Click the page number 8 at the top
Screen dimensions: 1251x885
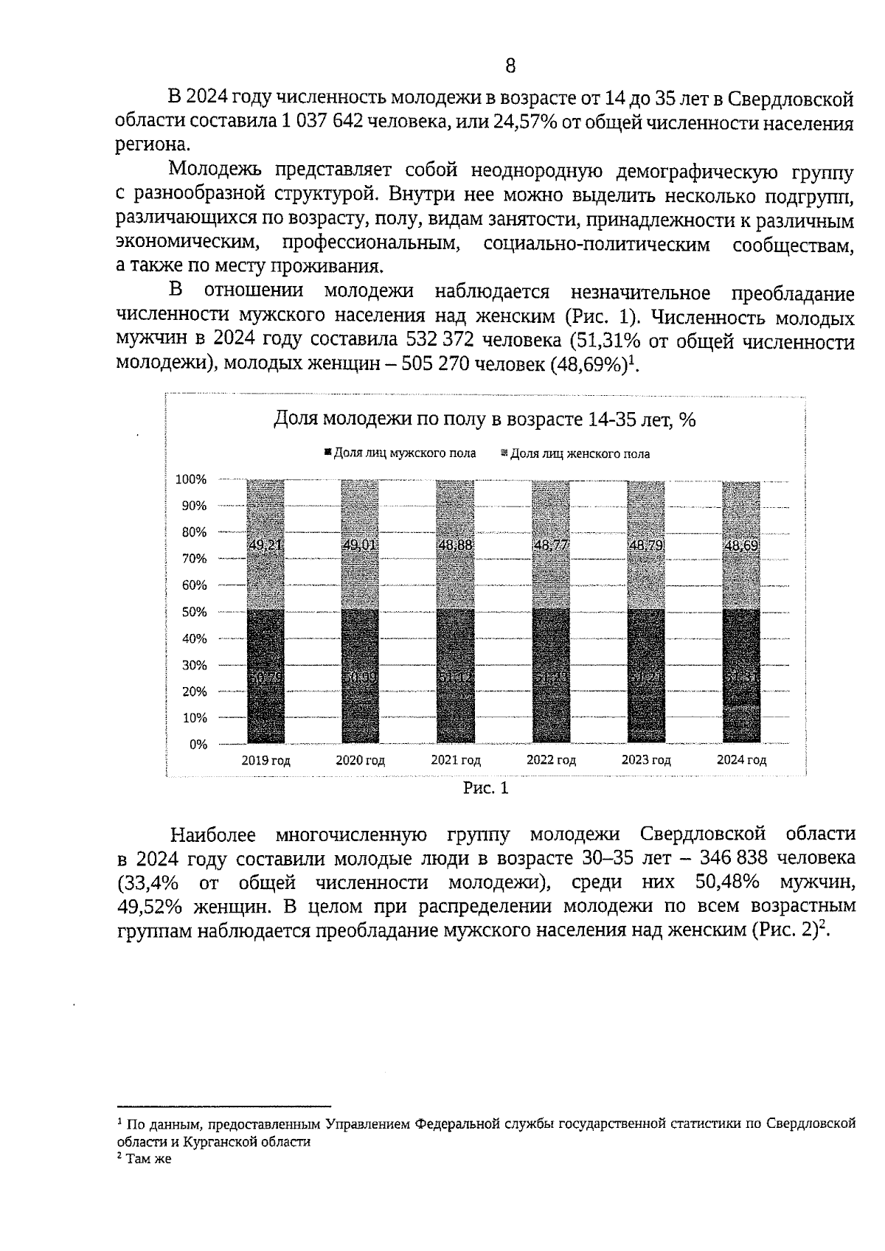pos(510,66)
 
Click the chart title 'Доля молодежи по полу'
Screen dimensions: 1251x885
pos(485,419)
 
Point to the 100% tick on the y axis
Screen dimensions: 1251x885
pos(191,480)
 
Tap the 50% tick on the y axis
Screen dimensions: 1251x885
pos(193,612)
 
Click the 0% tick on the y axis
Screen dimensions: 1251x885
pos(197,744)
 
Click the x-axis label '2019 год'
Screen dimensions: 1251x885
pos(265,761)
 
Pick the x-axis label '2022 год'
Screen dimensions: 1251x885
pos(551,761)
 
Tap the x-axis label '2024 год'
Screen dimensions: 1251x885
pos(741,761)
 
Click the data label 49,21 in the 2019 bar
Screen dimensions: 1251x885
pos(265,546)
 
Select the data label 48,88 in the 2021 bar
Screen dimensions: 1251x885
pos(455,546)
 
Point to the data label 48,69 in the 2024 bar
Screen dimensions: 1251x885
pos(741,546)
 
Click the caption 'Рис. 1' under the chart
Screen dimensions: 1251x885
pos(485,789)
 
